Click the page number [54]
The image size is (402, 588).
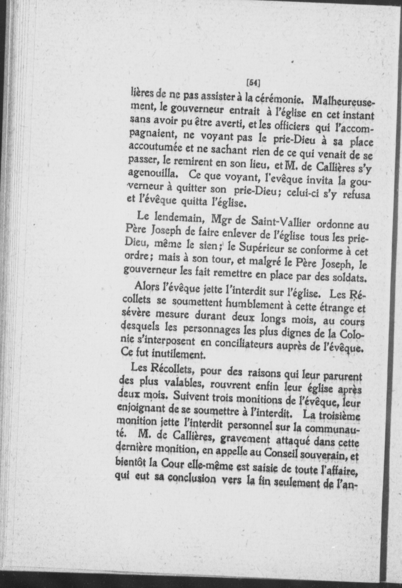253,82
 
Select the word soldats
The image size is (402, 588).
347,278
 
